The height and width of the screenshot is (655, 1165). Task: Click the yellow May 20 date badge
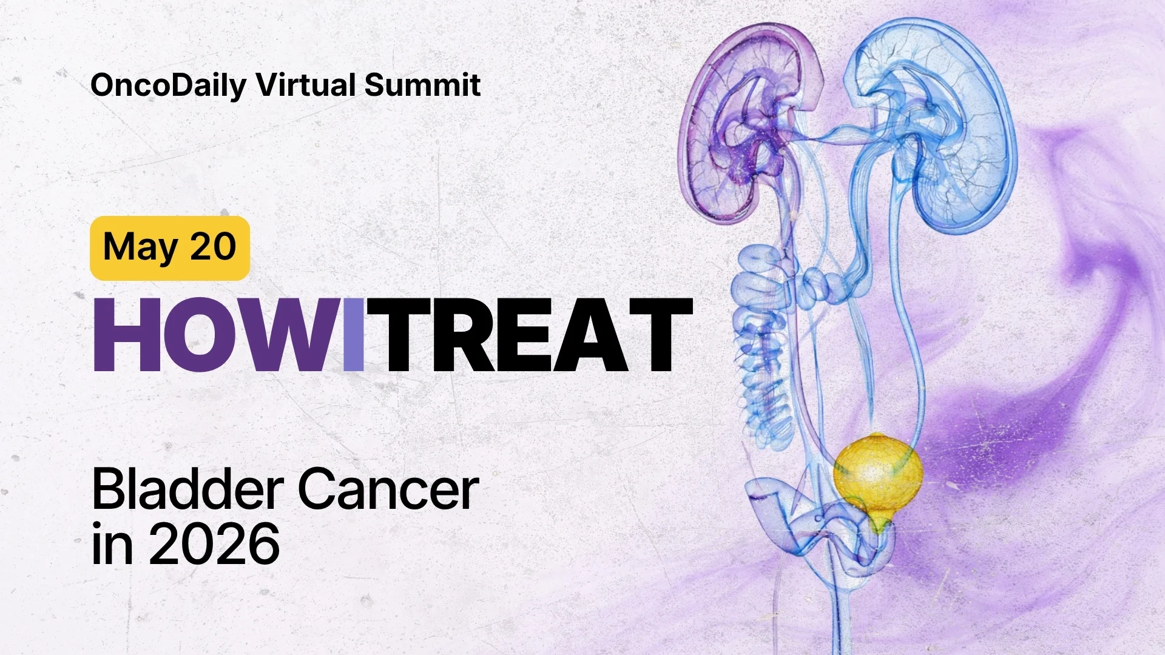pos(170,247)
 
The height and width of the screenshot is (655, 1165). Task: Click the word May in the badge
pos(140,247)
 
